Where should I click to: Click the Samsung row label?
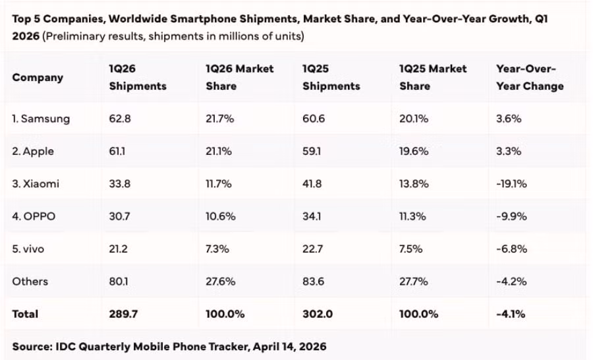[41, 119]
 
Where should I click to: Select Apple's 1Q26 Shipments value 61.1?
[118, 152]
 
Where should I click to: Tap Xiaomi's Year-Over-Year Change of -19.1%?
[511, 184]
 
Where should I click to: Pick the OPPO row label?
[34, 216]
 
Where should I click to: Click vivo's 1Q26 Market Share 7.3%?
[218, 249]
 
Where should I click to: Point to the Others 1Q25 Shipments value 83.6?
[313, 282]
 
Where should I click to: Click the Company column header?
[38, 78]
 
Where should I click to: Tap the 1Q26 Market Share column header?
[239, 77]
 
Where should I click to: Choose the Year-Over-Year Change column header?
[530, 77]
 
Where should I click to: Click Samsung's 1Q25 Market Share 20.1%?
[414, 119]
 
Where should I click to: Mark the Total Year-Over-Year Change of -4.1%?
[511, 314]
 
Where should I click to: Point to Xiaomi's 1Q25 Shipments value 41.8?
[312, 184]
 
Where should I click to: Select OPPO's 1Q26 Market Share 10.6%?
[219, 216]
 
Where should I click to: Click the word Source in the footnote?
[32, 346]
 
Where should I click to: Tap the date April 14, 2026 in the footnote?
[289, 346]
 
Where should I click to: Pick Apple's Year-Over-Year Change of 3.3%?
[509, 152]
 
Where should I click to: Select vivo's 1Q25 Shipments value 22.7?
[312, 249]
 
